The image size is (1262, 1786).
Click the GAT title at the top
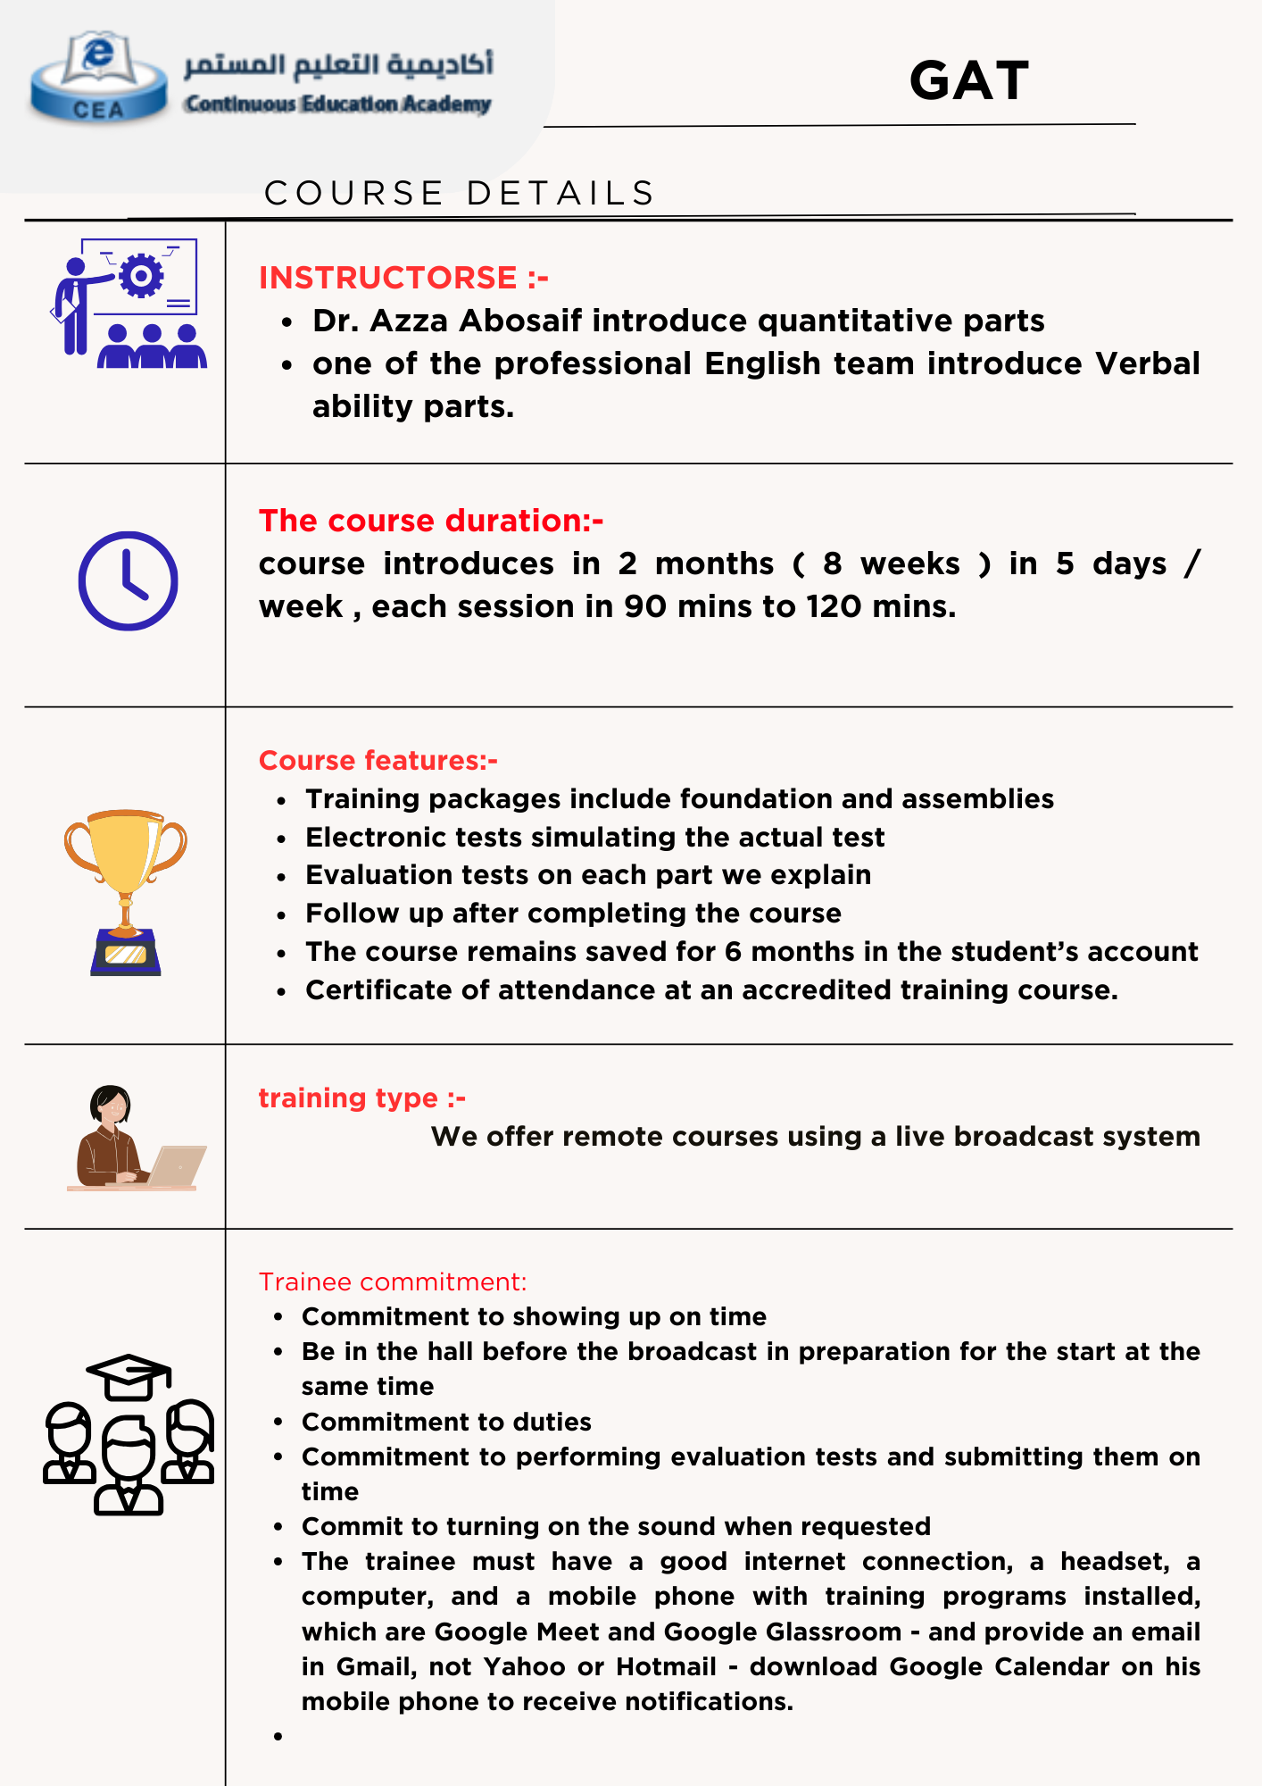tap(969, 81)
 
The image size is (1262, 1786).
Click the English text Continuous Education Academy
tap(338, 104)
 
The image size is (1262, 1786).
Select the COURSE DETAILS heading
tap(460, 193)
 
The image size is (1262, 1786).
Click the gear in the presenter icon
tap(140, 276)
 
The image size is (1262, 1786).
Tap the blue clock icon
tap(129, 581)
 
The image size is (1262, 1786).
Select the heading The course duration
tap(431, 521)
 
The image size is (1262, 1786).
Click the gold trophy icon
tap(126, 889)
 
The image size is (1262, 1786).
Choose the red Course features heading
tap(378, 760)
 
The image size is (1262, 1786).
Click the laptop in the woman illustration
tap(178, 1165)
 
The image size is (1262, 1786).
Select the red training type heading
tap(362, 1097)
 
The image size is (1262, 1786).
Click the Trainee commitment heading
tap(393, 1282)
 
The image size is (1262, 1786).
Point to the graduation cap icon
tap(129, 1374)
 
